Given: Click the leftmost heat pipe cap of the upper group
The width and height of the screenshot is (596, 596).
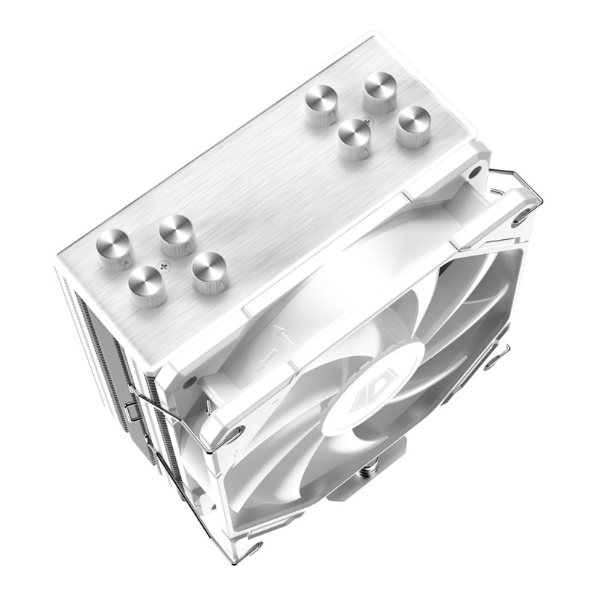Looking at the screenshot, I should (x=323, y=108).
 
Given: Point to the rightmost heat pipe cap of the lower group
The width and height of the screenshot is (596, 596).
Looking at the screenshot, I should (x=209, y=272).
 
